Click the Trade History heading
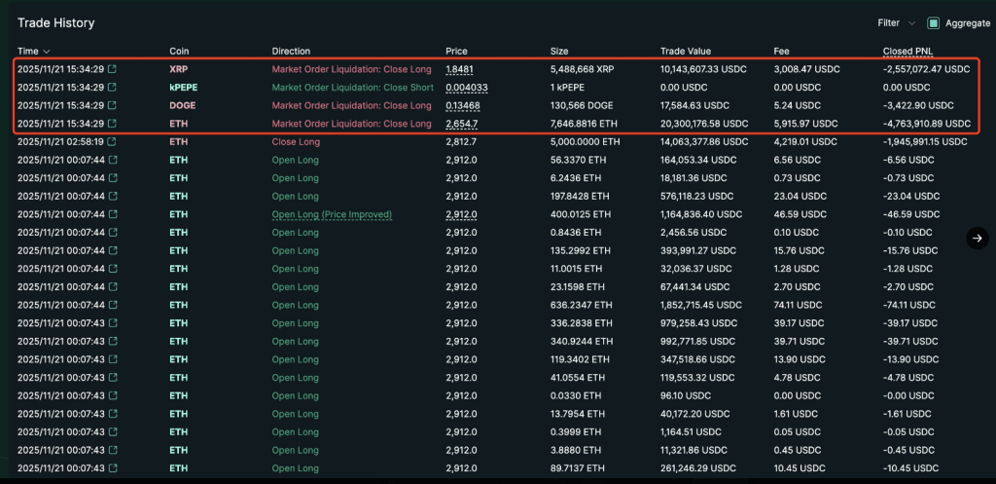(x=55, y=22)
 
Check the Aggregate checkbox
(x=934, y=22)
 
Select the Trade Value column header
(x=686, y=51)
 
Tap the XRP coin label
(x=178, y=69)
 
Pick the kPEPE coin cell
(x=183, y=88)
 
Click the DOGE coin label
(x=183, y=105)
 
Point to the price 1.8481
(x=459, y=69)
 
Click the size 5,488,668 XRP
(x=587, y=69)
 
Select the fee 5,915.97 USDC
(x=806, y=124)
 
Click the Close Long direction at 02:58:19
(x=296, y=142)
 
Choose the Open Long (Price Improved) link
(x=332, y=214)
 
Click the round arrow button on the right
(x=978, y=238)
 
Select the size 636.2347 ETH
(x=582, y=305)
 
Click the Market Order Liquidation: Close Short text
(x=352, y=88)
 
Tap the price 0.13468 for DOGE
(x=462, y=105)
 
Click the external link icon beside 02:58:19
(x=113, y=142)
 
